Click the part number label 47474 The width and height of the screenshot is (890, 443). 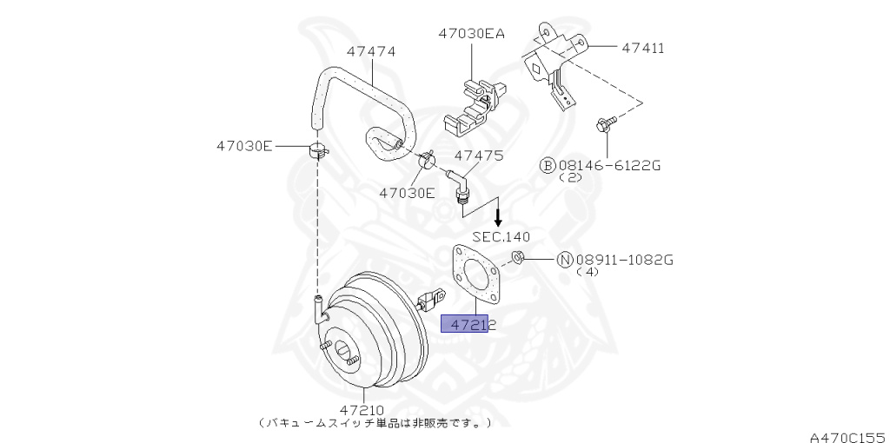(371, 51)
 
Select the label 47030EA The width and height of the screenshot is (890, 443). (472, 34)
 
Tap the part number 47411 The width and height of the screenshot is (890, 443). (643, 48)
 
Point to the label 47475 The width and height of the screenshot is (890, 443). (479, 155)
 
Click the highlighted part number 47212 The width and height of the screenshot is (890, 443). (469, 324)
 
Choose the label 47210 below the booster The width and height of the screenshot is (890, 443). (362, 410)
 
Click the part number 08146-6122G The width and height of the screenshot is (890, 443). (608, 164)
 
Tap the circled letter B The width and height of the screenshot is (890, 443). (548, 164)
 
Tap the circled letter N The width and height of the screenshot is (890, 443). (564, 259)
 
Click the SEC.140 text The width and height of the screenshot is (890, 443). (501, 236)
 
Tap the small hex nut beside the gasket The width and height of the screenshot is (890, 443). (516, 256)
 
